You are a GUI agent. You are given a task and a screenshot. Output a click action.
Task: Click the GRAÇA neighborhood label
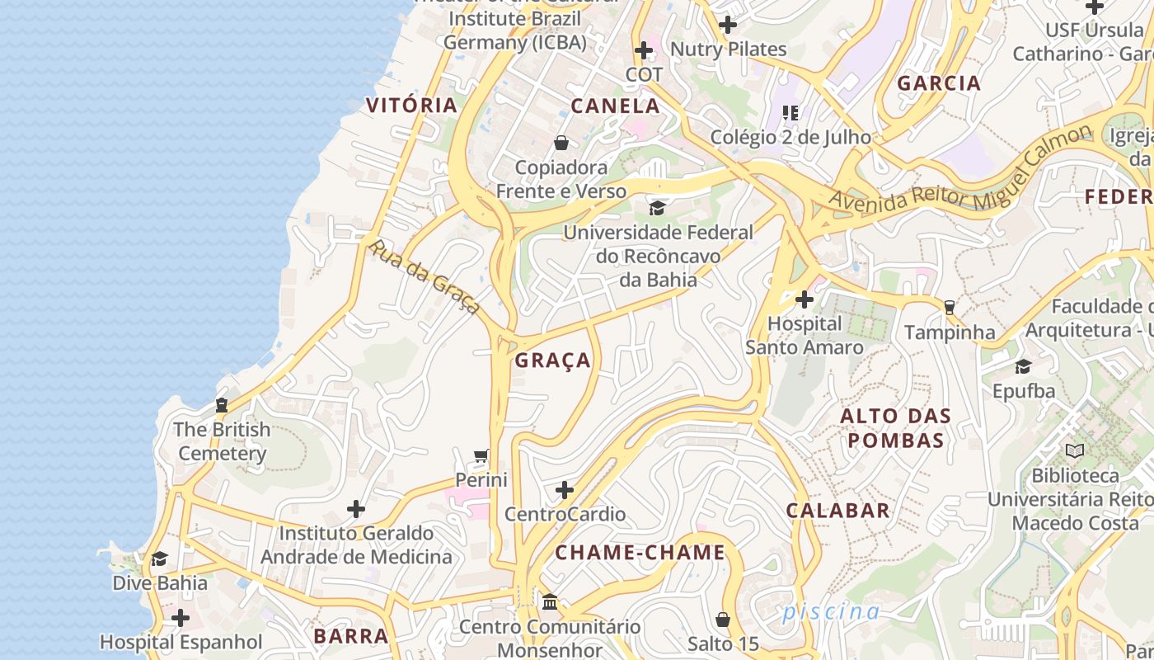(x=553, y=361)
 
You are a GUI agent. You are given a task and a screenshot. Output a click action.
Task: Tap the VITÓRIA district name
(x=411, y=105)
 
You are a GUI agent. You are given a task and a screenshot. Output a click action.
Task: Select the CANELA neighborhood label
(x=616, y=106)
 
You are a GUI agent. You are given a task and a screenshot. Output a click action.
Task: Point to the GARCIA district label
(x=939, y=83)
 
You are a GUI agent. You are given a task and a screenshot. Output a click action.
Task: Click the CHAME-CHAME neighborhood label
(x=640, y=553)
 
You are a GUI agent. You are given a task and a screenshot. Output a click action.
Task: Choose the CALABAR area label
(x=837, y=511)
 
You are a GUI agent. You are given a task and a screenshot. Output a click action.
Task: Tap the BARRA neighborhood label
(x=351, y=636)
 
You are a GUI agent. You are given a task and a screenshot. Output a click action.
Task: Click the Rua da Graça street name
(x=425, y=277)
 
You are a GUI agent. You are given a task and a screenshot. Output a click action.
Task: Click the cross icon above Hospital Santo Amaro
(x=805, y=299)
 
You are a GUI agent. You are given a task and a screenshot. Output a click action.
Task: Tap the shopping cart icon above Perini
(x=481, y=455)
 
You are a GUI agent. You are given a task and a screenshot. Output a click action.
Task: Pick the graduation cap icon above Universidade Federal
(x=657, y=207)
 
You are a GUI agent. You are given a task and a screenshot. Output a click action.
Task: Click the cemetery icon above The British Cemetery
(x=221, y=405)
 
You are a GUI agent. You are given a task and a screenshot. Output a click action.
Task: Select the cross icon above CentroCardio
(x=565, y=490)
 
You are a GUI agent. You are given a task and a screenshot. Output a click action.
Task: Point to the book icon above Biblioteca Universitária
(x=1075, y=450)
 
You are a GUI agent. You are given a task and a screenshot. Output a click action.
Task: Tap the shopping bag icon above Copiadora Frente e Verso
(x=561, y=143)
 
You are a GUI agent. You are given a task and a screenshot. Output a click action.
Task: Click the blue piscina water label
(x=831, y=611)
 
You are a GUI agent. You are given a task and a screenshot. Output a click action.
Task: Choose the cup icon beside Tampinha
(x=950, y=308)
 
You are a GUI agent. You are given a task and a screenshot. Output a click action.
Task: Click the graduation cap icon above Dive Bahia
(x=160, y=559)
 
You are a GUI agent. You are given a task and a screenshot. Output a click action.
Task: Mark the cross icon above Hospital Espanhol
(x=181, y=617)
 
